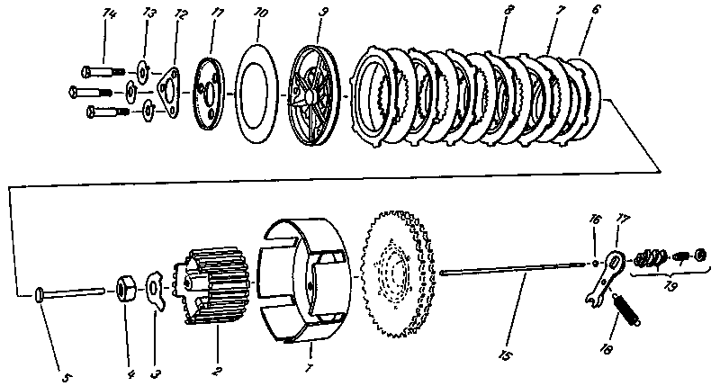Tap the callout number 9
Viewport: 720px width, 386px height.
[x=322, y=14]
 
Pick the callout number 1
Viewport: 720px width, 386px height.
[x=310, y=369]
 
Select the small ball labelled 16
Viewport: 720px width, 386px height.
[x=598, y=264]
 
